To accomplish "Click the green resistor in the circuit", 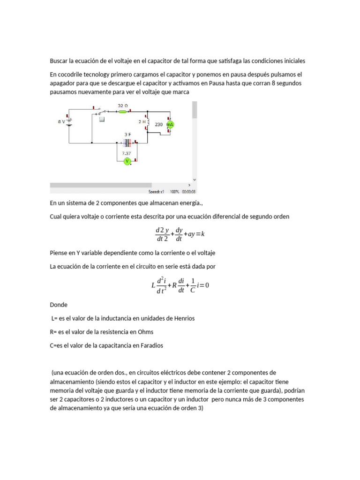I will pos(122,112).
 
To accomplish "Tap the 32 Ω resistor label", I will pos(123,105).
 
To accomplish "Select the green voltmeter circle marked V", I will pos(127,161).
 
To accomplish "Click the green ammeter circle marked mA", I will pos(170,125).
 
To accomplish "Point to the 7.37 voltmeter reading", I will pos(127,153).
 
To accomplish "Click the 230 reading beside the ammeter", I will pos(158,125).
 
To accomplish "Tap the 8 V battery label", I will pos(61,121).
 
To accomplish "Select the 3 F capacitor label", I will pos(127,135).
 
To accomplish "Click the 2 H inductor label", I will pos(142,121).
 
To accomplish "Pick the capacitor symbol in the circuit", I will pos(127,142).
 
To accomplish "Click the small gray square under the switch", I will pos(101,119).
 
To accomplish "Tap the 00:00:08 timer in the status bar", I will pos(189,192).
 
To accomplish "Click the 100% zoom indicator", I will pos(174,192).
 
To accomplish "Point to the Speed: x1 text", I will pos(156,192).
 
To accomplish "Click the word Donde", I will pos(59,305).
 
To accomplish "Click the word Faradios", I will pos(149,345).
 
